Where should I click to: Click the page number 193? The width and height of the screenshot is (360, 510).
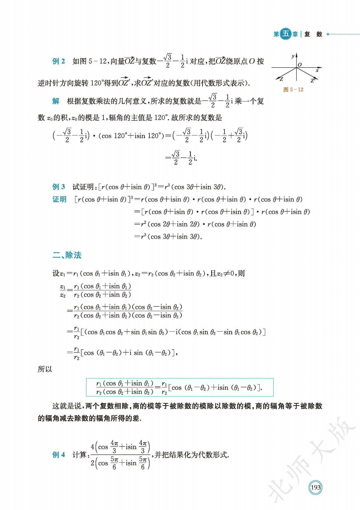tap(315, 488)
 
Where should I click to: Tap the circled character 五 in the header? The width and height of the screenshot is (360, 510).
tap(286, 34)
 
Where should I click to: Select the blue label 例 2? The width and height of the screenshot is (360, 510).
tap(59, 61)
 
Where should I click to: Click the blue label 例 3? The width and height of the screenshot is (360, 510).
tap(59, 187)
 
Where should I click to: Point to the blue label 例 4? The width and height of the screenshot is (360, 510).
tap(59, 455)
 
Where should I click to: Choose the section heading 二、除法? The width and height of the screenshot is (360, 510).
tap(67, 255)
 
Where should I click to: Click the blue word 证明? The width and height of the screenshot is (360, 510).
tap(59, 199)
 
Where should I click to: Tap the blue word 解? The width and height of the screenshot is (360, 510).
tap(56, 101)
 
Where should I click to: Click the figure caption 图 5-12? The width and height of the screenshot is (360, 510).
tap(293, 90)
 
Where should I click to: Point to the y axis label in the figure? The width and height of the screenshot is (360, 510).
tap(293, 56)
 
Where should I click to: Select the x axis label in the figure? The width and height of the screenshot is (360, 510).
tap(317, 70)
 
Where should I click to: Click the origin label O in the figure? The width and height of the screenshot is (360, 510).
tap(300, 65)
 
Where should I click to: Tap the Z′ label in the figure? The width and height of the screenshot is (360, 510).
tap(313, 80)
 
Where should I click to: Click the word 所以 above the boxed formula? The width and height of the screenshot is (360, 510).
tap(45, 369)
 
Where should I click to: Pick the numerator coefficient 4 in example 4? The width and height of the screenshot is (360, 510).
tap(93, 447)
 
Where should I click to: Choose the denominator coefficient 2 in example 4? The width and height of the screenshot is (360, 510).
tap(93, 463)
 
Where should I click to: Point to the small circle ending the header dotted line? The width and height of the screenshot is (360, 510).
tap(328, 34)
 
